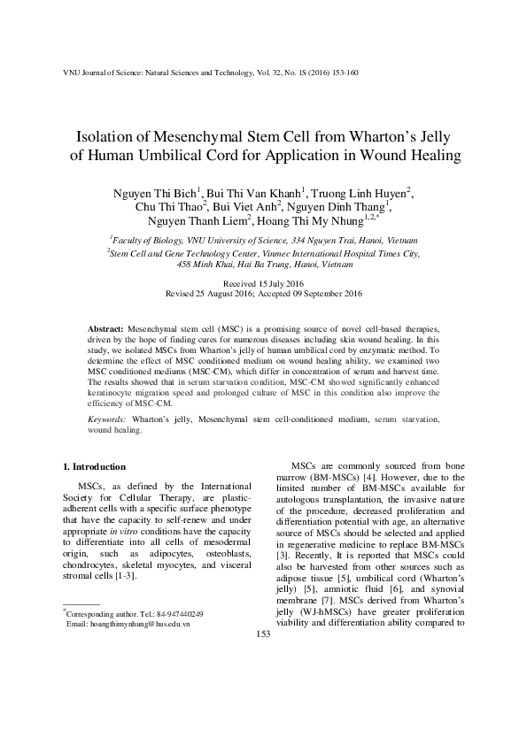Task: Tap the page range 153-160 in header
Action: point(342,73)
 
